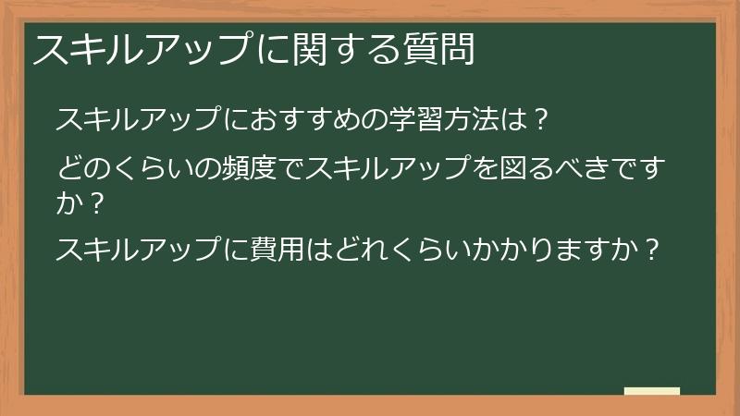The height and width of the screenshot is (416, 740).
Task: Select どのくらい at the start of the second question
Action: click(x=122, y=168)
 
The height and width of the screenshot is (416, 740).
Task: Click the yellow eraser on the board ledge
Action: click(x=651, y=391)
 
